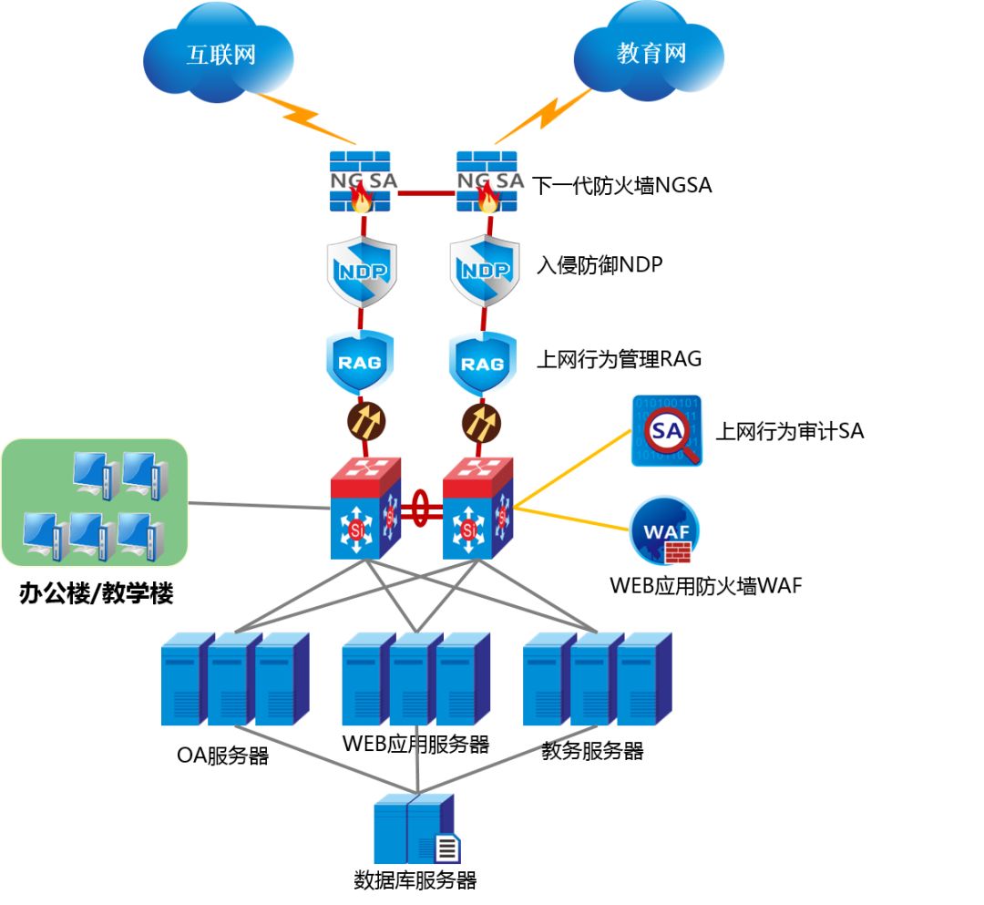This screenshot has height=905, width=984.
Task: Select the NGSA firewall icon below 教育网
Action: click(x=487, y=182)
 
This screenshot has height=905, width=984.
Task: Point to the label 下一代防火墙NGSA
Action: click(x=621, y=186)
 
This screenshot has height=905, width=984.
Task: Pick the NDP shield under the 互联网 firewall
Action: click(x=362, y=272)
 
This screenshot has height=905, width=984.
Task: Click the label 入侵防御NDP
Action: click(x=599, y=265)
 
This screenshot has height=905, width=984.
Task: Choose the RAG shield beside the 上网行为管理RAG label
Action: click(x=482, y=363)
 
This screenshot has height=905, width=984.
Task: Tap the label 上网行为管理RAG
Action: click(x=619, y=359)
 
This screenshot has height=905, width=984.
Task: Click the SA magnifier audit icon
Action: click(x=667, y=431)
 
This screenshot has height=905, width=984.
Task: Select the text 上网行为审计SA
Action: click(x=789, y=431)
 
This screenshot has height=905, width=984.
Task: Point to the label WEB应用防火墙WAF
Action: click(x=705, y=586)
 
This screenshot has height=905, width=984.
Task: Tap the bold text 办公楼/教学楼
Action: click(x=97, y=594)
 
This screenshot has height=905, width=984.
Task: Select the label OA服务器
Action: click(x=223, y=756)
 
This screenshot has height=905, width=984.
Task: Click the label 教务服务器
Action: click(x=592, y=751)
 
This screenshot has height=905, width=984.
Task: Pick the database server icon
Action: click(x=417, y=830)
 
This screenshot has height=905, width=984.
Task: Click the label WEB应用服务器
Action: click(x=415, y=744)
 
